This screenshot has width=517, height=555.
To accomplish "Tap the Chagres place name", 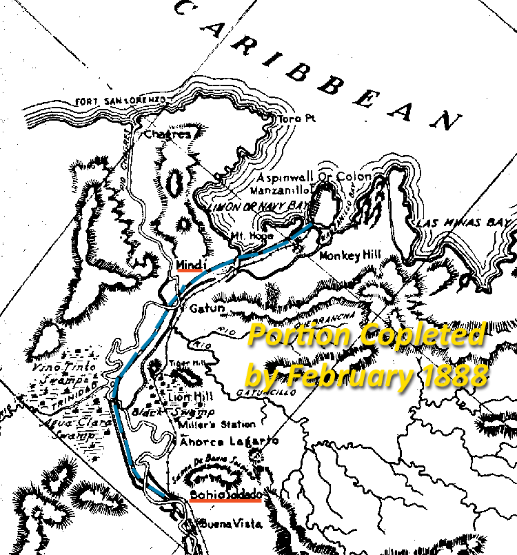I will (167, 134).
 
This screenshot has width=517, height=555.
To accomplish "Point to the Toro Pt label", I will (296, 119).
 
